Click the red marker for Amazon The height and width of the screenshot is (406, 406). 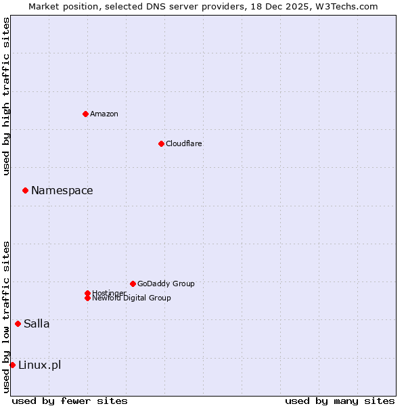[85, 114]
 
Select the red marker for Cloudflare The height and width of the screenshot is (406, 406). [161, 143]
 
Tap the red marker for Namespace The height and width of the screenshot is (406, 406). [25, 190]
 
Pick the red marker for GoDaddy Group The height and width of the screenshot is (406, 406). [133, 284]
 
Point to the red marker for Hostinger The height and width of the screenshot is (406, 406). [87, 293]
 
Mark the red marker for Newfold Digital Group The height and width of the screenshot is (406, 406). [87, 298]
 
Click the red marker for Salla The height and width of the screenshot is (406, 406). [18, 323]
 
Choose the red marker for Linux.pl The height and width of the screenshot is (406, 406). [12, 365]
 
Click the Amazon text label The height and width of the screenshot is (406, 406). [104, 114]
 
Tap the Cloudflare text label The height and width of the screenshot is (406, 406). [184, 143]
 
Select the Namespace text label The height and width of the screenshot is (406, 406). [62, 190]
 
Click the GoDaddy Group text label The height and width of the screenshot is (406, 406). [166, 284]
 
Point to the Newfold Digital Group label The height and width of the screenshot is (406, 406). [132, 298]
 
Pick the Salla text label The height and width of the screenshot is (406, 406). [37, 323]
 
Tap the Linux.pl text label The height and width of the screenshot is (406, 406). [39, 365]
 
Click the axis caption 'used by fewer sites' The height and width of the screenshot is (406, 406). [70, 401]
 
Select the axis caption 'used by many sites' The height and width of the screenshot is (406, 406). [340, 401]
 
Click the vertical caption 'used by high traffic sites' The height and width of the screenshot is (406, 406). [6, 96]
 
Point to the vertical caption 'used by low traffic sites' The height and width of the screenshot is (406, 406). [6, 317]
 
